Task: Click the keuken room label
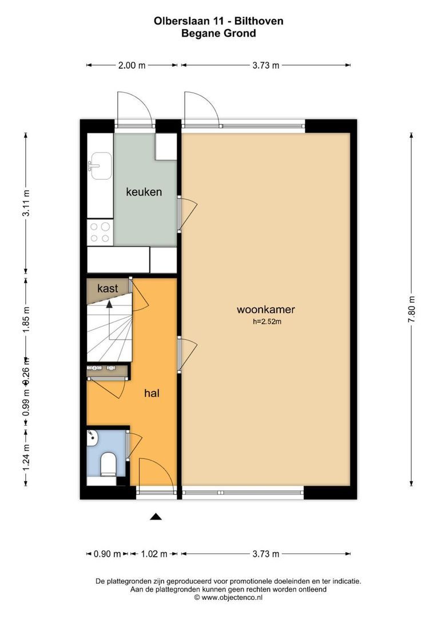[144, 192]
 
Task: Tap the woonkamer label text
[265, 310]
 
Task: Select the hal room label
[151, 393]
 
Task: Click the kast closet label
[108, 288]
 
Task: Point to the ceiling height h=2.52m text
[267, 322]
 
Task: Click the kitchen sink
[100, 165]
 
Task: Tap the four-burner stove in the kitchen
[100, 232]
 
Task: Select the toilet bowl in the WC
[108, 463]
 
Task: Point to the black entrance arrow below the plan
[156, 517]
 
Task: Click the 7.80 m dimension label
[412, 309]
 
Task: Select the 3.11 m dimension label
[26, 204]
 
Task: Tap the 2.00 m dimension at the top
[132, 65]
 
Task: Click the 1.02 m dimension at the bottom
[154, 553]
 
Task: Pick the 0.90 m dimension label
[107, 553]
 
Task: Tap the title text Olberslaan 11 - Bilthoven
[218, 21]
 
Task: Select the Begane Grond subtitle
[218, 33]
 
